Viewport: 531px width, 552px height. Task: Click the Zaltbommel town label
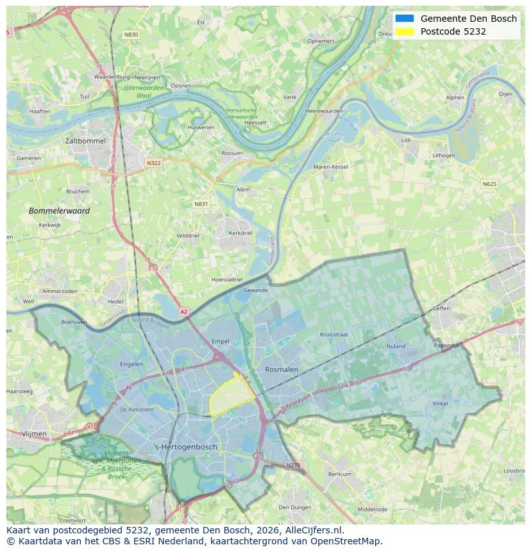pyautogui.click(x=85, y=140)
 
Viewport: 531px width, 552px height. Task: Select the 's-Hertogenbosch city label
pyautogui.click(x=186, y=447)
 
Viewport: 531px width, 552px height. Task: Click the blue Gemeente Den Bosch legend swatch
pyautogui.click(x=405, y=19)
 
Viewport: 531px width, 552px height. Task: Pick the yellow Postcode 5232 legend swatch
pyautogui.click(x=405, y=31)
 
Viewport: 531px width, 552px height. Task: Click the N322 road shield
pyautogui.click(x=153, y=163)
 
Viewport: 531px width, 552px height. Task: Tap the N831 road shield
pyautogui.click(x=201, y=204)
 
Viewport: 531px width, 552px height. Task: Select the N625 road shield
pyautogui.click(x=489, y=184)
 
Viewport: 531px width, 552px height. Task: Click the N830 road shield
pyautogui.click(x=131, y=35)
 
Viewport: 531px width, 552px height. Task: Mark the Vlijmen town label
pyautogui.click(x=34, y=434)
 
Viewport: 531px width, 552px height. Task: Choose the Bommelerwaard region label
pyautogui.click(x=59, y=210)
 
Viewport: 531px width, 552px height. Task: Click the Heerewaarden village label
pyautogui.click(x=324, y=111)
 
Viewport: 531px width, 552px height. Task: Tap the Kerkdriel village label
pyautogui.click(x=240, y=233)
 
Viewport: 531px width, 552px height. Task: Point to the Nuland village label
pyautogui.click(x=396, y=346)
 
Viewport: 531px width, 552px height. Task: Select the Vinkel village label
pyautogui.click(x=440, y=404)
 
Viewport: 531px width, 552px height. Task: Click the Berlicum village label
pyautogui.click(x=339, y=474)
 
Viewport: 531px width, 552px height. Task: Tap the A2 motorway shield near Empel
pyautogui.click(x=184, y=312)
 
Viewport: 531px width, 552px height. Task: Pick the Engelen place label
pyautogui.click(x=131, y=364)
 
